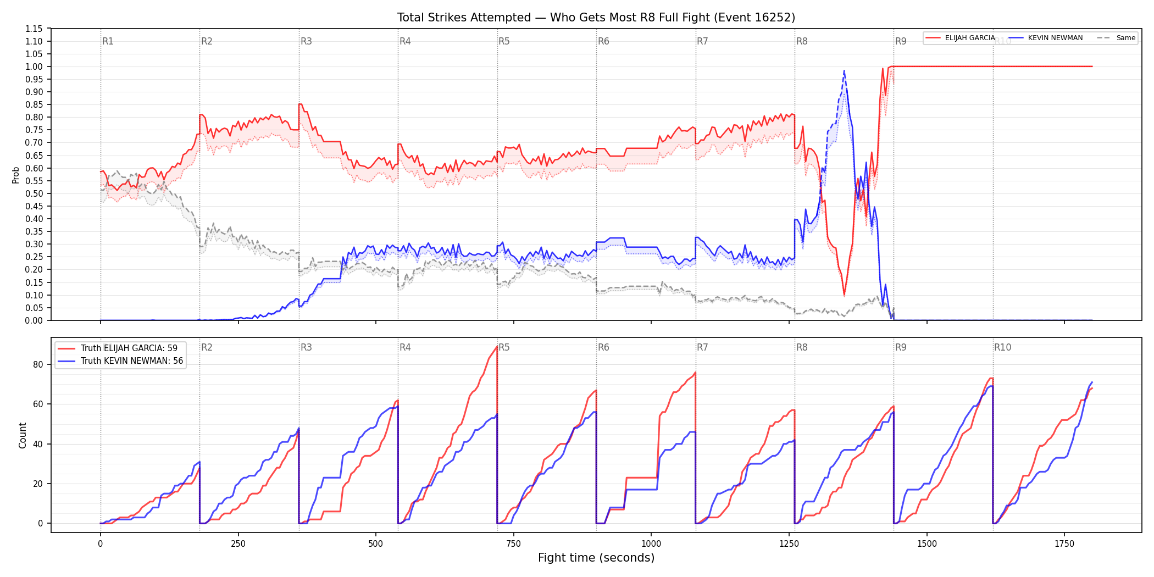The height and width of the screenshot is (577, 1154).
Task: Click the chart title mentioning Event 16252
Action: tap(596, 18)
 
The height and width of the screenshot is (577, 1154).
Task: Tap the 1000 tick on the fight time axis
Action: tap(651, 544)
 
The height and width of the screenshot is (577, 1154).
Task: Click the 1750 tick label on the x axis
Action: tap(1064, 544)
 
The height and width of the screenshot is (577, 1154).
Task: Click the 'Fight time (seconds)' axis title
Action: tap(596, 558)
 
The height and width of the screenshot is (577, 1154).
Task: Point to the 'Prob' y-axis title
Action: tap(16, 175)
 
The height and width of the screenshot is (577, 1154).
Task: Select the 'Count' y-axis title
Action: tap(23, 435)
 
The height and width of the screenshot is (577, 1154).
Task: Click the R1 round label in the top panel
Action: tap(108, 42)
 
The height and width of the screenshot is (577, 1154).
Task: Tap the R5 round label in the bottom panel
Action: tap(504, 347)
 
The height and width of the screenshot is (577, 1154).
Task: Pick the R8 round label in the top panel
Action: tap(802, 42)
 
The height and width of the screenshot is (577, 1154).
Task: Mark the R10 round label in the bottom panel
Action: tap(1002, 347)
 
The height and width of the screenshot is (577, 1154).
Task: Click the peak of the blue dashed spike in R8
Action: tap(844, 70)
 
